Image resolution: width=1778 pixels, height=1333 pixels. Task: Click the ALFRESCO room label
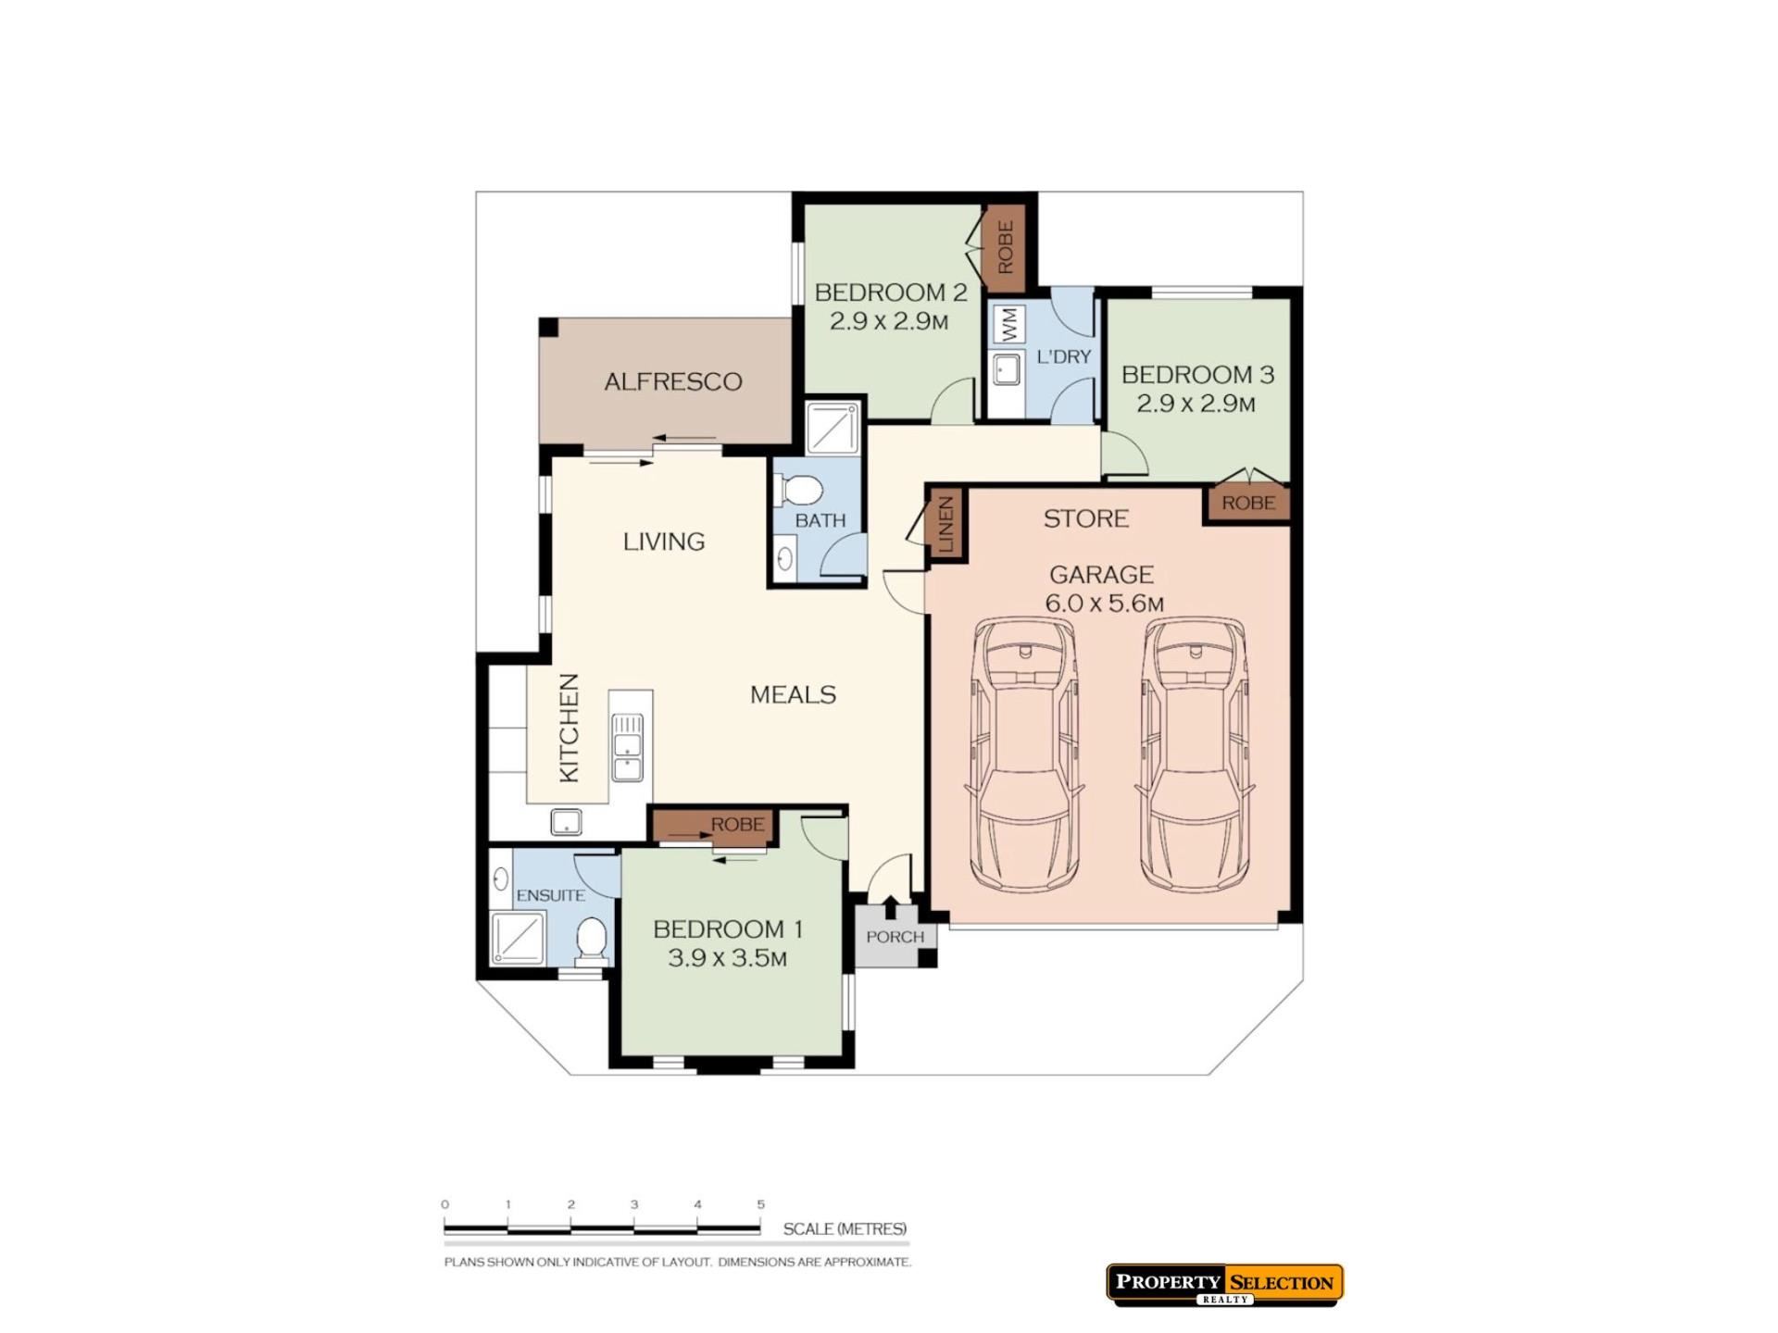(673, 381)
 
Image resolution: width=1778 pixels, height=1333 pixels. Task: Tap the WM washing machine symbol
(1009, 324)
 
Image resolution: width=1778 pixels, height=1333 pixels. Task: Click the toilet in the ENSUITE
(592, 940)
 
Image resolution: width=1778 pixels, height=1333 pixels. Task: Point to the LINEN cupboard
(945, 525)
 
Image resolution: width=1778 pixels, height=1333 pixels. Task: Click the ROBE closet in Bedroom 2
(1006, 246)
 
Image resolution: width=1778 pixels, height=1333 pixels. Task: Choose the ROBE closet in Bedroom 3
(1248, 503)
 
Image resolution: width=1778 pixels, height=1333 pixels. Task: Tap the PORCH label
(895, 937)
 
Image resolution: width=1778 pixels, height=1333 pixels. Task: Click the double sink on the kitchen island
(628, 747)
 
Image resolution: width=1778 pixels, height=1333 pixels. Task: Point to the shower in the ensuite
(519, 938)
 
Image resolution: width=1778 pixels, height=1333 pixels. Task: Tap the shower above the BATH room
(833, 428)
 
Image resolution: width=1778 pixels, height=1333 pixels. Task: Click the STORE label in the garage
(1086, 518)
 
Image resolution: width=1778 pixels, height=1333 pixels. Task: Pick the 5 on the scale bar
(761, 1204)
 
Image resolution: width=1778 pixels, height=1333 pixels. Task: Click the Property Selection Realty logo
(1224, 1285)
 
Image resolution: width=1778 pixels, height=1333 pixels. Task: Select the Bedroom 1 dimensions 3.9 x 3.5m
(728, 958)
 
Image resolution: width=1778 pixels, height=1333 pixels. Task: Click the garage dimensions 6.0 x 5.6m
(1105, 604)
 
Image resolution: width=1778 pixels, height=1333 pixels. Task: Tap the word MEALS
(793, 695)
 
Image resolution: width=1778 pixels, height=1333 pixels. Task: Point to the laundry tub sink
(1007, 370)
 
